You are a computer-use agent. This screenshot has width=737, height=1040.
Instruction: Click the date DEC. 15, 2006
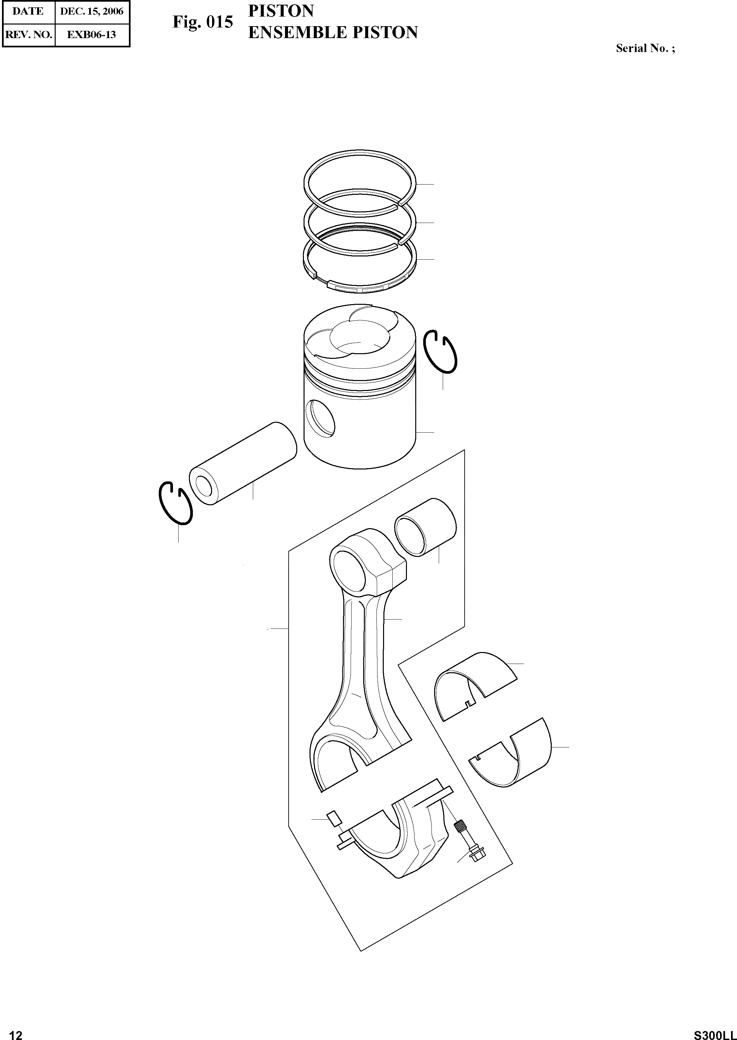[x=92, y=11]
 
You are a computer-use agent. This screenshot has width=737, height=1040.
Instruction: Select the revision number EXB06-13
[x=92, y=34]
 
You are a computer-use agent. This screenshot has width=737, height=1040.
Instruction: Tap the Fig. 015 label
[x=202, y=22]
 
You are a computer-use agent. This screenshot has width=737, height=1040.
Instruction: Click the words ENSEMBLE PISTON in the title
[x=333, y=33]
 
